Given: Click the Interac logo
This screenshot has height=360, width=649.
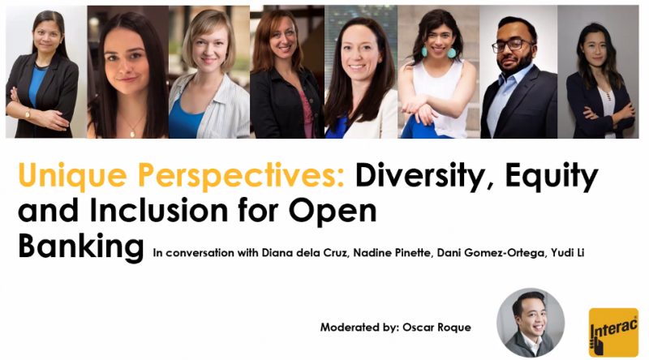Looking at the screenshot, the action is click(x=613, y=332).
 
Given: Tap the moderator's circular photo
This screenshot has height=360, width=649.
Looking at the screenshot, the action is click(x=531, y=323).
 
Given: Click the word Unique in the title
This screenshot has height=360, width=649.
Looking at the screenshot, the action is click(x=72, y=176).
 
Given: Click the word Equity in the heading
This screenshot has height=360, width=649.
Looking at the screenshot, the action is click(x=552, y=176).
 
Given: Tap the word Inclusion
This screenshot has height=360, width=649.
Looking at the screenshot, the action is click(x=158, y=210).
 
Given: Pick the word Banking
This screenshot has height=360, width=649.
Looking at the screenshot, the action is click(x=80, y=246).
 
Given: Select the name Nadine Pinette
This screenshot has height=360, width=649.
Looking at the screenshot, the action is click(x=392, y=252).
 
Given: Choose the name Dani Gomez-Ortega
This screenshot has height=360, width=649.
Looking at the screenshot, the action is click(x=491, y=253).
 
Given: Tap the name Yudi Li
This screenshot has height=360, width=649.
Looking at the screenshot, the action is click(x=567, y=252).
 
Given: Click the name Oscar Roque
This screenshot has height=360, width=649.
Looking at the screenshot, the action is click(x=436, y=328).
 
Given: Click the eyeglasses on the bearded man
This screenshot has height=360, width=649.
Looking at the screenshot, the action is click(x=512, y=45).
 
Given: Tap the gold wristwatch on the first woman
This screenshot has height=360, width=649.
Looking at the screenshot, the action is click(x=28, y=113).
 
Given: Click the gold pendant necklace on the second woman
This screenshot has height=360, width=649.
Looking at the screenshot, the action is click(x=132, y=132).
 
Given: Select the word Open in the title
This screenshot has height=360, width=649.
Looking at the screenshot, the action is click(x=333, y=211).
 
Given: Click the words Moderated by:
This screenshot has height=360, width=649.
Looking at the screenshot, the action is click(x=359, y=328).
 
